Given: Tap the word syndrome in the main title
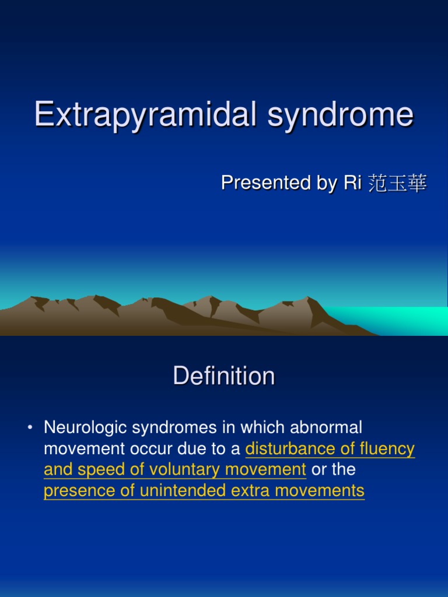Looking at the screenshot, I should [341, 115].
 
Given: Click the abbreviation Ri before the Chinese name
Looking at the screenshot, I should [350, 183].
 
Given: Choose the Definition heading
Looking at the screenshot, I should [224, 376].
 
